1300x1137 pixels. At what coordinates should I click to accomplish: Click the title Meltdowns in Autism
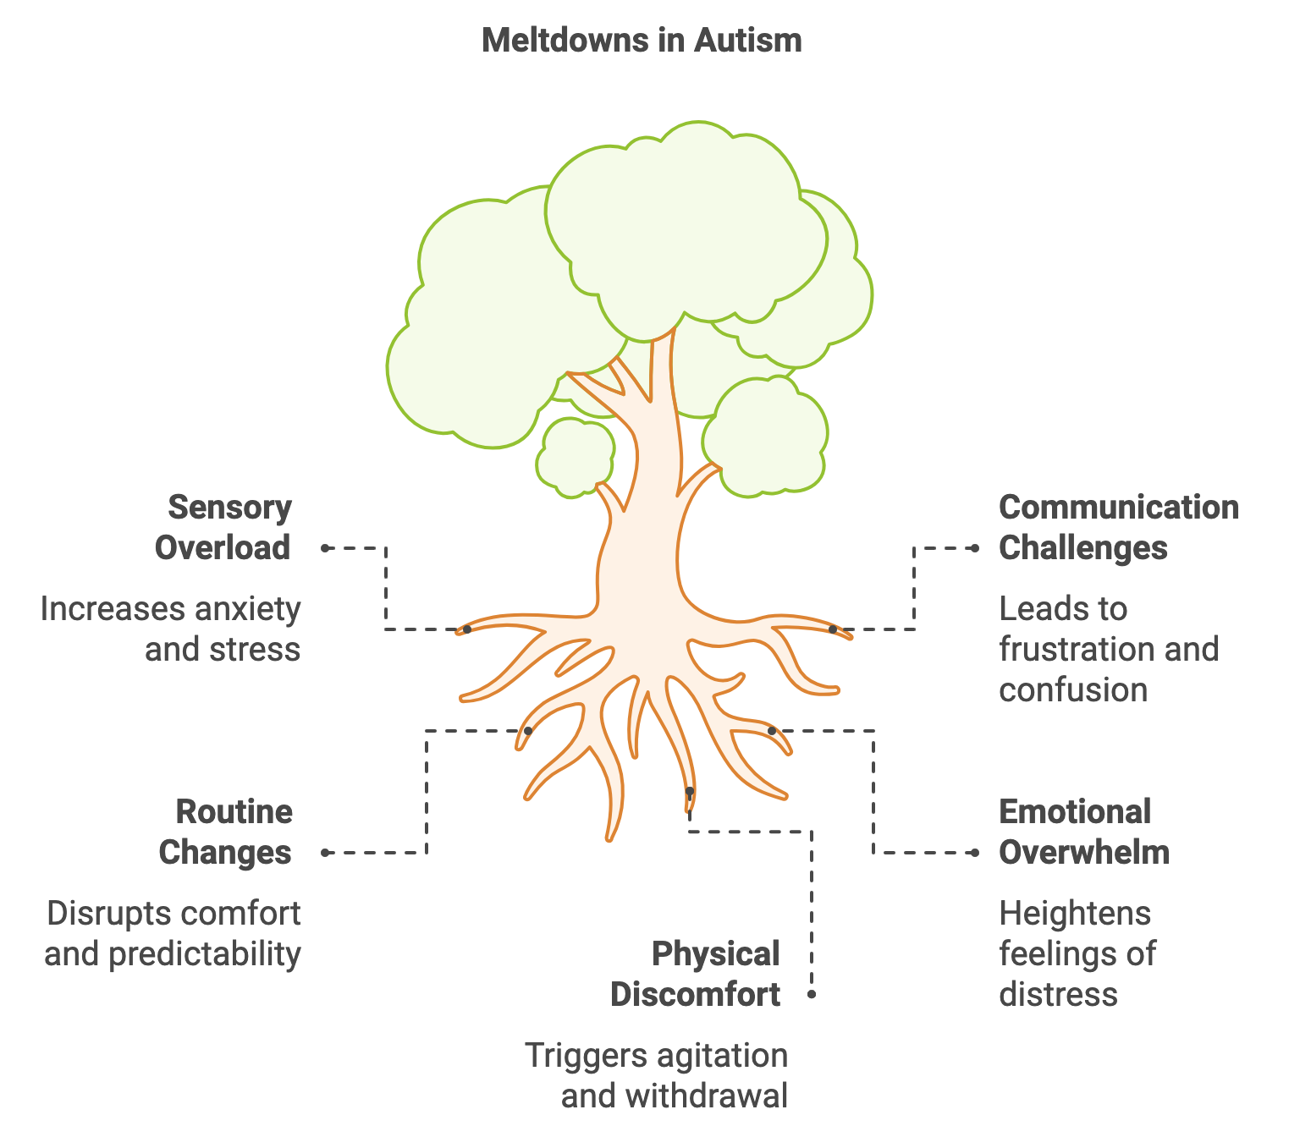coord(641,41)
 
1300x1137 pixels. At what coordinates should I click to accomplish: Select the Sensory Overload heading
coord(223,527)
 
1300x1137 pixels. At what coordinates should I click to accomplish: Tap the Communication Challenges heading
coord(1119,527)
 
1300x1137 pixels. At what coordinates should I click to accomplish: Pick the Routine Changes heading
coord(226,832)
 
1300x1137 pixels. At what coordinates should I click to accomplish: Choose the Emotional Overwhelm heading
coord(1084,832)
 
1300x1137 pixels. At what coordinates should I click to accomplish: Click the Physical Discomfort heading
coord(695,975)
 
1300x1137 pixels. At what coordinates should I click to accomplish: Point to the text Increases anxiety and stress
coord(170,629)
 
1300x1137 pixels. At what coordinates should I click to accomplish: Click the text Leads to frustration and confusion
coord(1109,649)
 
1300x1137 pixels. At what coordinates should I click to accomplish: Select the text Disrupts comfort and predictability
coord(173,934)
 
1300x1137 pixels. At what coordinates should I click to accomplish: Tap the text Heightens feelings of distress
coord(1077,954)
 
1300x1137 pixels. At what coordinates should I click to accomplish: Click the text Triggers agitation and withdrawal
coord(657,1076)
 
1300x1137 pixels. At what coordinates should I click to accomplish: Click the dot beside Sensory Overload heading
coord(325,547)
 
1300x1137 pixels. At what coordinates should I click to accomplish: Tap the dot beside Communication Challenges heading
coord(975,547)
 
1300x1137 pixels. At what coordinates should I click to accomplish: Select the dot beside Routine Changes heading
coord(325,853)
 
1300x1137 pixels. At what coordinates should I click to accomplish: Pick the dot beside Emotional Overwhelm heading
coord(975,853)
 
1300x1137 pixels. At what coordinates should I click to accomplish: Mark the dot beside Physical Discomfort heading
coord(812,995)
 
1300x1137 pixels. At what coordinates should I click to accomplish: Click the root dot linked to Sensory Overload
coord(467,629)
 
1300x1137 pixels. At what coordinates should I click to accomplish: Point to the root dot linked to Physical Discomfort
coord(690,791)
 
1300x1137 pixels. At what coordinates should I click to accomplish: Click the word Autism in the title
coord(748,41)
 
